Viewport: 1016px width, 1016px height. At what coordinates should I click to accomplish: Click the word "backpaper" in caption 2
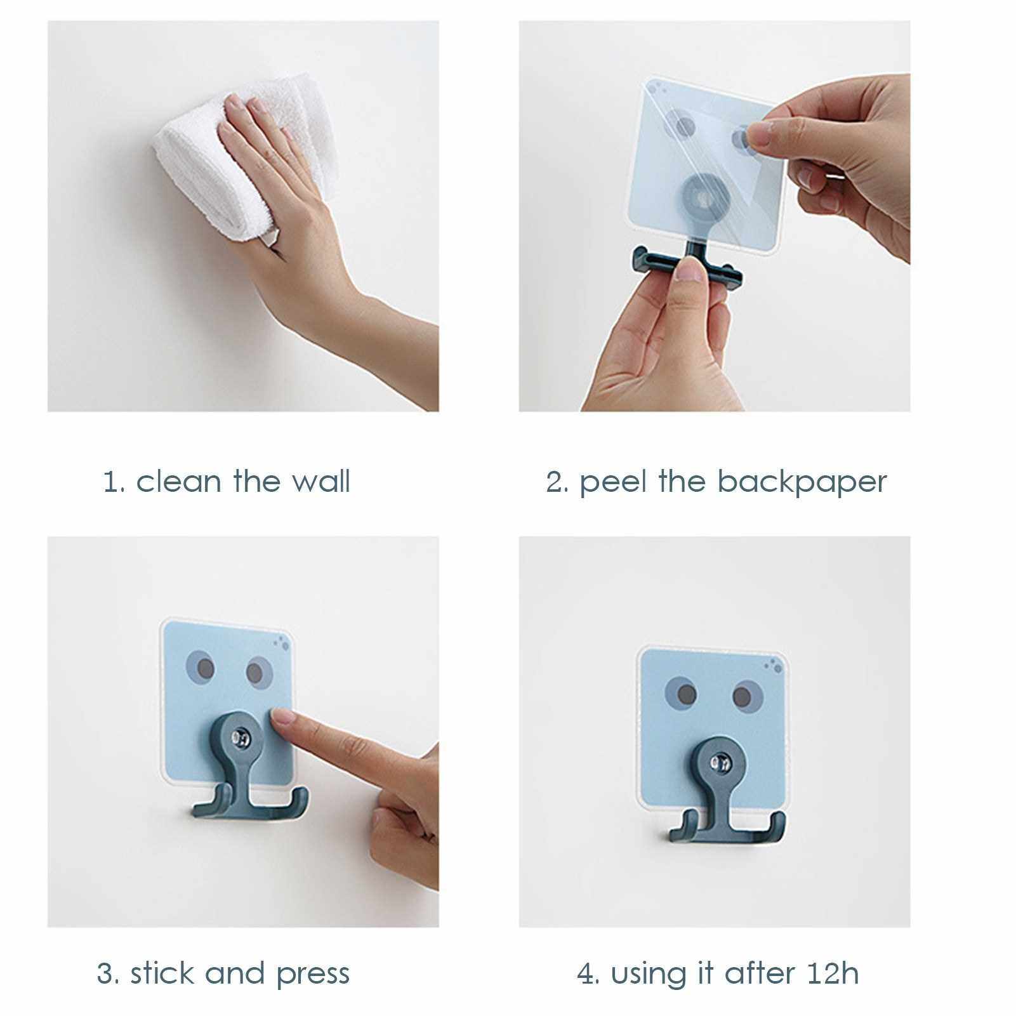click(x=802, y=482)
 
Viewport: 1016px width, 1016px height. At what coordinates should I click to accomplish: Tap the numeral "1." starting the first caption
click(x=114, y=482)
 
